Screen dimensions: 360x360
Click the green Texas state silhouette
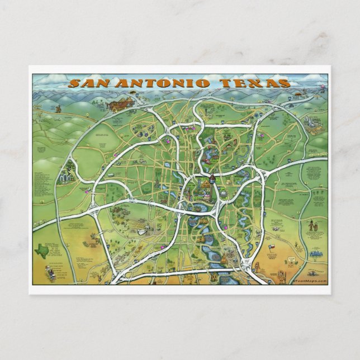(42, 250)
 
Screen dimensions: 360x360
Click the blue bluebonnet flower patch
(317, 253)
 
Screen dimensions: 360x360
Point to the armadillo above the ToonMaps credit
(292, 260)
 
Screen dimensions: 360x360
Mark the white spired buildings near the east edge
(311, 124)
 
